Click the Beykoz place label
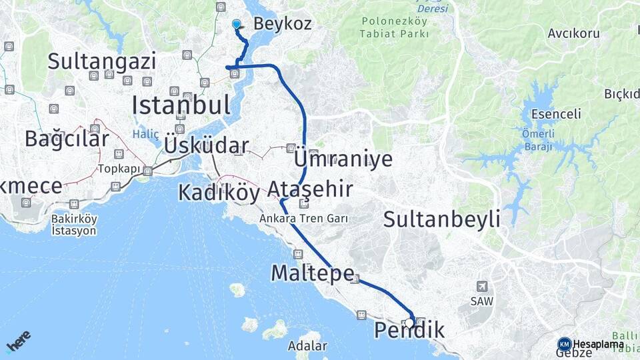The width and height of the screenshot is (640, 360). click(282, 24)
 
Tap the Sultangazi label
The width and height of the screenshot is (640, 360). click(102, 61)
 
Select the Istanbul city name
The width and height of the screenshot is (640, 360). click(181, 105)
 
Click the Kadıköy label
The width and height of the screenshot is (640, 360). click(218, 193)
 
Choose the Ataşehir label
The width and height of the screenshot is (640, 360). click(310, 189)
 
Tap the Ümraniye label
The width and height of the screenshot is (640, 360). click(343, 159)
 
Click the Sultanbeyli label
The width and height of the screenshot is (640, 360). click(441, 219)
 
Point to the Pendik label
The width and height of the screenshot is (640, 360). click(409, 331)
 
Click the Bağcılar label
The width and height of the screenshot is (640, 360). click(67, 139)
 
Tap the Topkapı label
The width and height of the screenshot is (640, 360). click(120, 169)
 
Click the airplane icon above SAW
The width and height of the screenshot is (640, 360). click(483, 286)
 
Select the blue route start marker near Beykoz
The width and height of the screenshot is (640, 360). click(236, 24)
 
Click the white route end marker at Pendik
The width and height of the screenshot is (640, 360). click(409, 322)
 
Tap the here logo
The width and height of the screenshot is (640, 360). click(18, 341)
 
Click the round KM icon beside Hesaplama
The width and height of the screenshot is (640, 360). click(564, 344)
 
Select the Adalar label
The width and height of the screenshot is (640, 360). click(307, 346)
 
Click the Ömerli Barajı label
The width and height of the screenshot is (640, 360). click(537, 140)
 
